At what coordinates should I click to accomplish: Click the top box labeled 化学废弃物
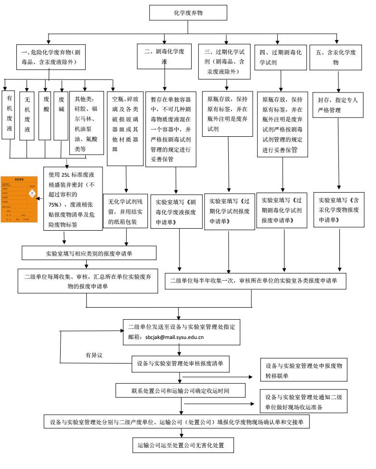click(188, 13)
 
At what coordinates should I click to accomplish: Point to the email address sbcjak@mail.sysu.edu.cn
click(174, 337)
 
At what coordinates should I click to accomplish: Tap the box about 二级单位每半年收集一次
click(255, 280)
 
